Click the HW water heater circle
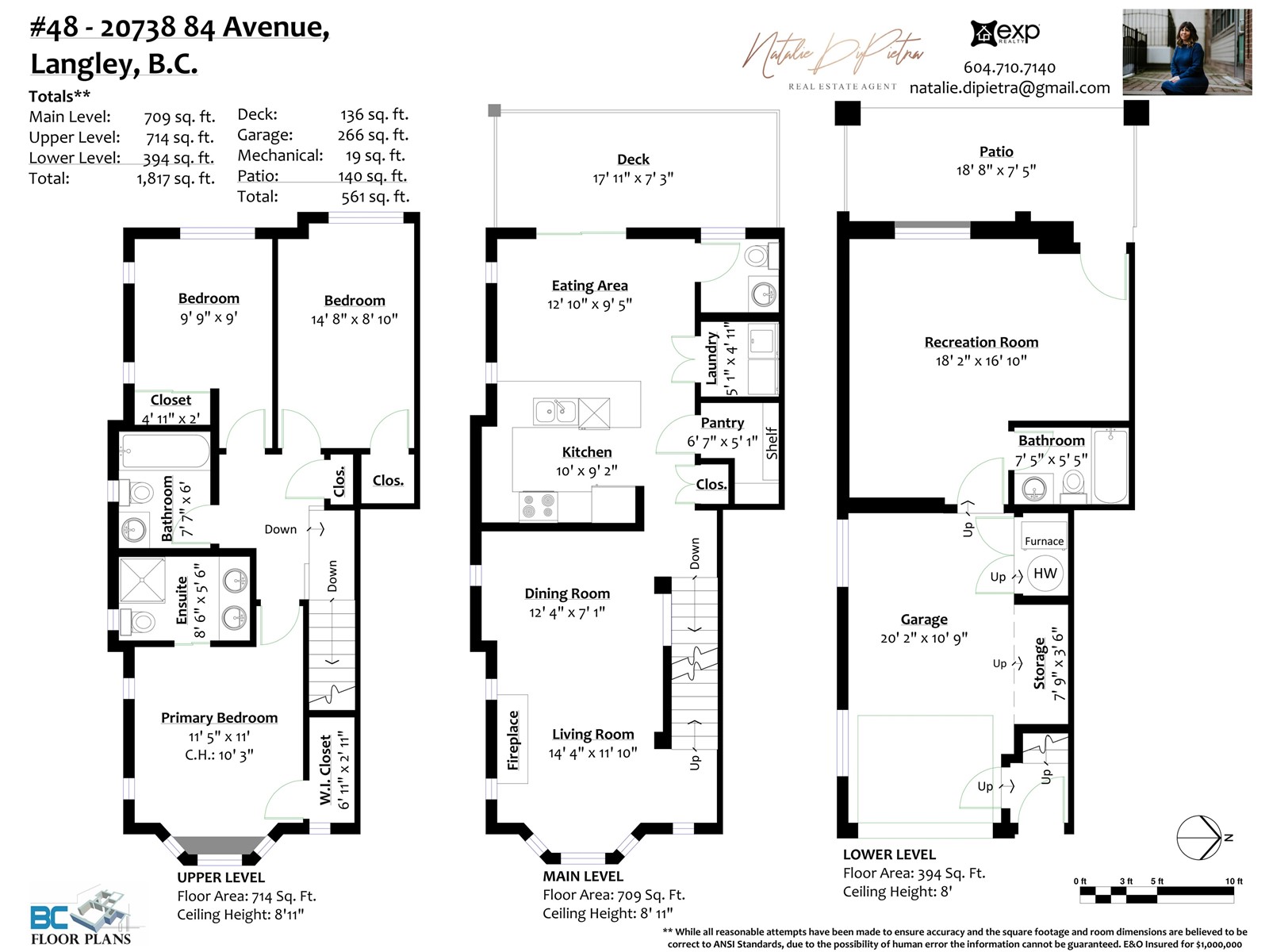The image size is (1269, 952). (1045, 574)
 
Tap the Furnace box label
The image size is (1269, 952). (1044, 541)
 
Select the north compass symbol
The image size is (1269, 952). (1199, 838)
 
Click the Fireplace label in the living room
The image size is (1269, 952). (513, 740)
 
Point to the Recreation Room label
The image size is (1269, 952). (981, 342)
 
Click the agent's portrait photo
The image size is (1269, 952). (1187, 52)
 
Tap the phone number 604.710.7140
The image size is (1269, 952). (1009, 67)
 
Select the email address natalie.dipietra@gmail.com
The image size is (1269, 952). (1009, 88)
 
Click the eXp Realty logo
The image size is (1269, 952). (1005, 33)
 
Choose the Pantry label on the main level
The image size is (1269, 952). (722, 423)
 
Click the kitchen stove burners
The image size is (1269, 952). (539, 506)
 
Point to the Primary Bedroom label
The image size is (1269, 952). (219, 718)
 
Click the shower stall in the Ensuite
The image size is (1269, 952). (142, 581)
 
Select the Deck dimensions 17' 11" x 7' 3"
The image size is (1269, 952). (633, 178)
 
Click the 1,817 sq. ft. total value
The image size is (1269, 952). (175, 178)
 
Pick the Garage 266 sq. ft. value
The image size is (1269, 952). (373, 136)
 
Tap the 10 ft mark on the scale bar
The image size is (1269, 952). (1233, 881)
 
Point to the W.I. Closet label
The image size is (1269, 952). (325, 770)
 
